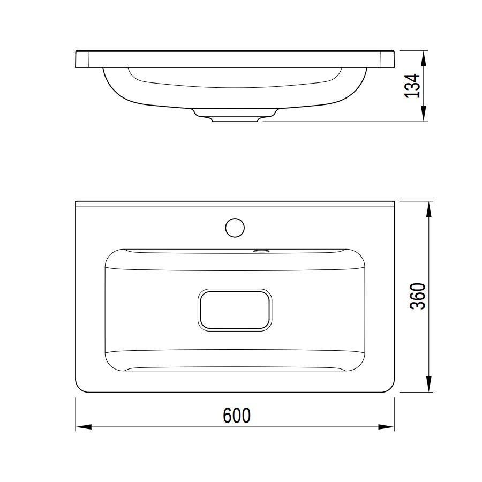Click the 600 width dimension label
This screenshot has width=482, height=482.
pyautogui.click(x=236, y=415)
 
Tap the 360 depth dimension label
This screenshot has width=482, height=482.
pyautogui.click(x=418, y=296)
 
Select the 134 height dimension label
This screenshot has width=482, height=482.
pyautogui.click(x=412, y=86)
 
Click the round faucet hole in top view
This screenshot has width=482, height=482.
pyautogui.click(x=235, y=228)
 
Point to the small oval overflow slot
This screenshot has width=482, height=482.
pyautogui.click(x=261, y=251)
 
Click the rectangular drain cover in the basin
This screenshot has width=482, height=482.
pyautogui.click(x=235, y=310)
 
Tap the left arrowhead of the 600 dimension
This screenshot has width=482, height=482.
pyautogui.click(x=84, y=427)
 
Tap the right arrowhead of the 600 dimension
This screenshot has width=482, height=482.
pyautogui.click(x=386, y=427)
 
